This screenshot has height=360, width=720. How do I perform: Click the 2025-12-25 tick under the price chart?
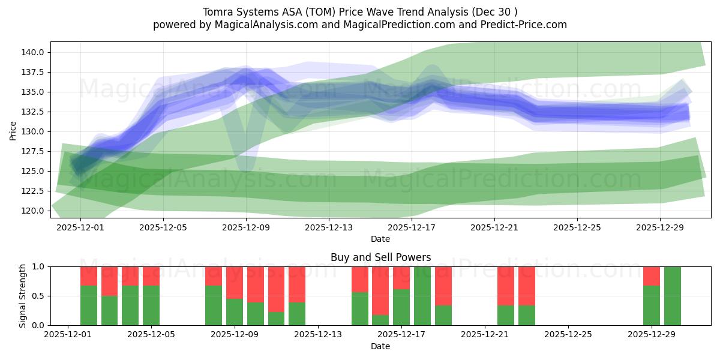[577, 227]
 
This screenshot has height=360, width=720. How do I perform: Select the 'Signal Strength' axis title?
[22, 296]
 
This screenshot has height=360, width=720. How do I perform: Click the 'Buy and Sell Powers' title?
[380, 257]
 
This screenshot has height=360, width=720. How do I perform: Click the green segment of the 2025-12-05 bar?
[151, 305]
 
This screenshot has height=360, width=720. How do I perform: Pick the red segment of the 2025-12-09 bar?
[235, 282]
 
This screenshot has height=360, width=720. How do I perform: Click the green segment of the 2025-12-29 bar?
[652, 305]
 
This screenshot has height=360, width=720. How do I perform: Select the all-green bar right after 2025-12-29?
[673, 296]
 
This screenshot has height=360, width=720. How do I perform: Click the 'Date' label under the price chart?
[380, 239]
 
